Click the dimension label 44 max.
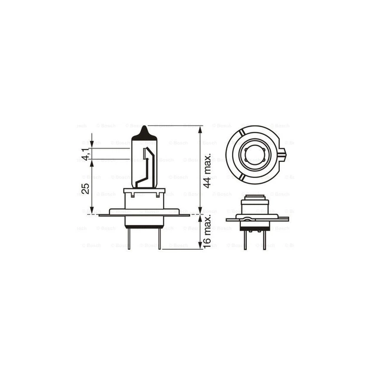207,170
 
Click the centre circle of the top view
257,155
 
